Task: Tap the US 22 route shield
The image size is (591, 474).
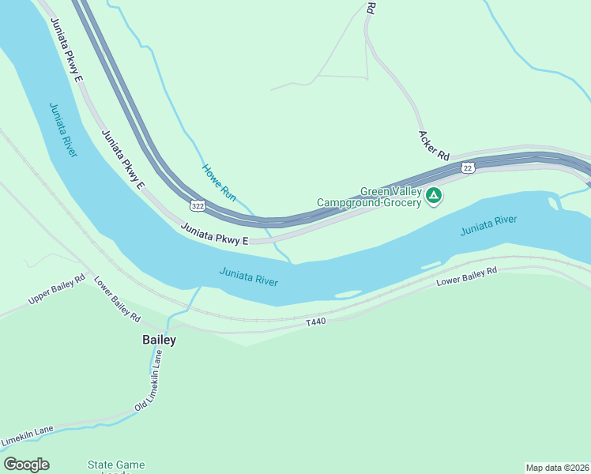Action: coord(469,167)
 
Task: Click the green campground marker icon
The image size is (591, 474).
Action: coord(433,195)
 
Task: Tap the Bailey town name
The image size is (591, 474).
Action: coord(159,340)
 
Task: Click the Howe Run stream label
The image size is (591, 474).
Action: coord(219,181)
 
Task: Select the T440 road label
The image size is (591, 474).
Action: coord(316,322)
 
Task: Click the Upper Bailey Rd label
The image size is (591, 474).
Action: coord(56,290)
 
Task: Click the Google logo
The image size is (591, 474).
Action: coord(26,465)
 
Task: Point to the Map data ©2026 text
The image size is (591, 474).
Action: coord(558,467)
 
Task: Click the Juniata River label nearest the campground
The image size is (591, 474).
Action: coord(488,226)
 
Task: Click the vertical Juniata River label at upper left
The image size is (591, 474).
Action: coord(62,130)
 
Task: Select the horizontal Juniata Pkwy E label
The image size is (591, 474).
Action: coord(214,234)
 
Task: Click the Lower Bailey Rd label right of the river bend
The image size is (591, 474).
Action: coord(466,276)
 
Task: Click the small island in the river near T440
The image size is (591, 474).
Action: coord(348,295)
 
